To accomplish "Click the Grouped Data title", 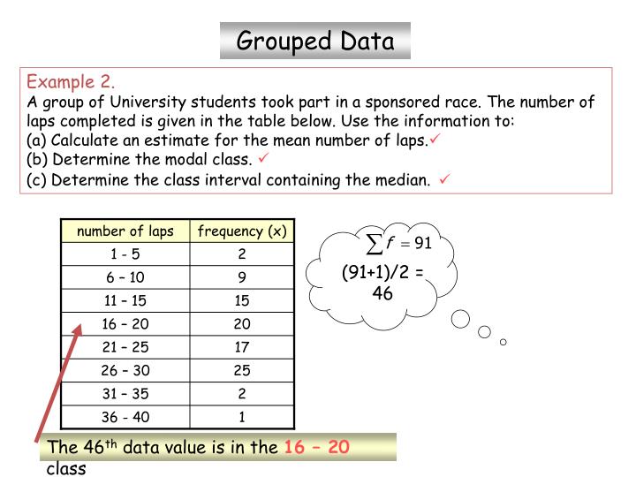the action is click(314, 40).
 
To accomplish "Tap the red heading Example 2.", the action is click(72, 82).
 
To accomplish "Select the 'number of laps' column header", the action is click(125, 231).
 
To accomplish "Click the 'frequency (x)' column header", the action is click(242, 231).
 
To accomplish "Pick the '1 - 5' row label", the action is click(125, 254).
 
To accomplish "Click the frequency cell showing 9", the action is click(242, 277).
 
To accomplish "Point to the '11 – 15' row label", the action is click(125, 300).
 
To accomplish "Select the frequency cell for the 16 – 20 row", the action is click(242, 323).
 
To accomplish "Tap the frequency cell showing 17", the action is click(242, 346).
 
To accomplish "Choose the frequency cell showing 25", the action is click(242, 369).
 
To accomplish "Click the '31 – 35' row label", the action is click(125, 393).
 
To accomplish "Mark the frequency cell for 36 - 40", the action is click(242, 416).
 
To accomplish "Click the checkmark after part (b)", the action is click(263, 159).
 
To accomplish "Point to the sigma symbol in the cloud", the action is click(375, 242).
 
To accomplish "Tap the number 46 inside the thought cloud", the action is click(382, 292).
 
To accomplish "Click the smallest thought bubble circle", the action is click(503, 342).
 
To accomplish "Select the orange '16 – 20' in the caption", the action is click(316, 447).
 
